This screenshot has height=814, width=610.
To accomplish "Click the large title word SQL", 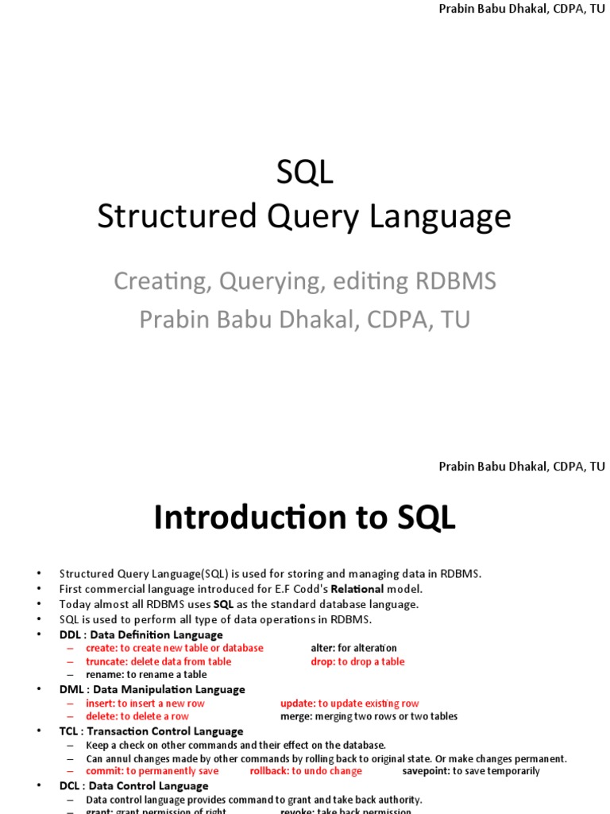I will coord(305,172).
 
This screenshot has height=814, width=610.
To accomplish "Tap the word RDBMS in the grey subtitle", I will coord(456,281).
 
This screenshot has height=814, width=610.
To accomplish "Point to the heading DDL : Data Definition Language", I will coord(141,634).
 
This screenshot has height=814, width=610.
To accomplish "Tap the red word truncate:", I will coord(106,661).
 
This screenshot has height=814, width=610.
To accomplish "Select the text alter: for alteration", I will coord(353,648).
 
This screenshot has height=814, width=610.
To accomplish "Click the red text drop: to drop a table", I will coord(357,661).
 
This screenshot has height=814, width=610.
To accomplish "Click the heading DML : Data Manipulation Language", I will coord(152,689).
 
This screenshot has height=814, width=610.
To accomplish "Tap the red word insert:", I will coord(101,704).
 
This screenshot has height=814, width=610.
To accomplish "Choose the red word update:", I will coord(298,704).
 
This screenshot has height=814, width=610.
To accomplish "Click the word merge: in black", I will coord(296,716).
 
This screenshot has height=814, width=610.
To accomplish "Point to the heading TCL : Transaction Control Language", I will coord(151,731).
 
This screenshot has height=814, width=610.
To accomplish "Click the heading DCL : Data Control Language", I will coord(133,785).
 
